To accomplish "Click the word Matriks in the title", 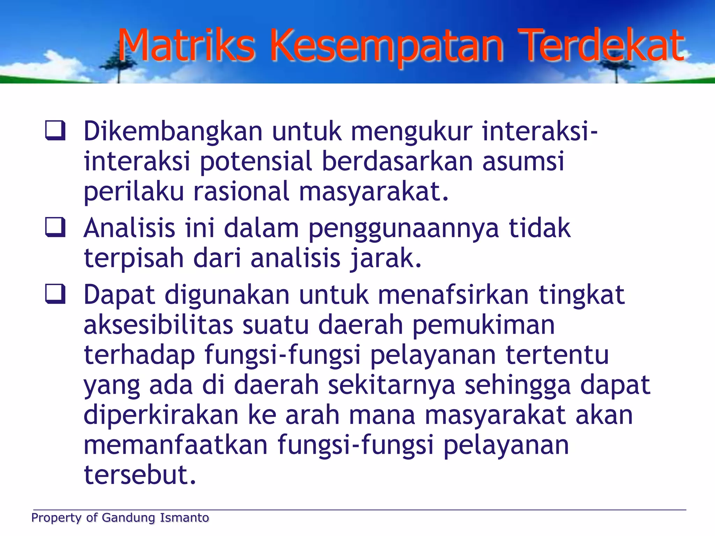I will pos(187,45).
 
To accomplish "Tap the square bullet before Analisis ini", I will pos(55,227).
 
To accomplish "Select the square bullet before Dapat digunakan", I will pos(55,294).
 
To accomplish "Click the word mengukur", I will pos(412,132).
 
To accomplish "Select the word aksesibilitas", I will pos(158,325).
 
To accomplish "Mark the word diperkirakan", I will pos(161,415).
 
